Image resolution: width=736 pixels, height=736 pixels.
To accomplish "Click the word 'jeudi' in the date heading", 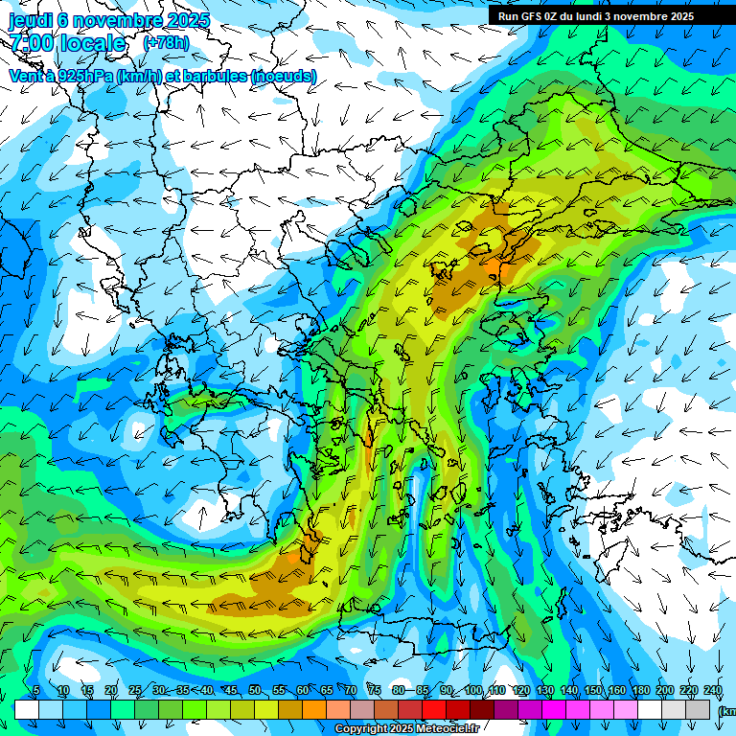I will [x=30, y=20].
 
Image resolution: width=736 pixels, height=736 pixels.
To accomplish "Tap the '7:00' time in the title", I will [x=31, y=43].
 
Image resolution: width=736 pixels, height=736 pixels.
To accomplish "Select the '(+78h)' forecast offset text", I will [x=166, y=43].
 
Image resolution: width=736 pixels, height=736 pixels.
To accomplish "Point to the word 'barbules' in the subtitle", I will [x=212, y=76].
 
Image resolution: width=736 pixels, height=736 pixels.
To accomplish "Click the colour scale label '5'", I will [x=36, y=691].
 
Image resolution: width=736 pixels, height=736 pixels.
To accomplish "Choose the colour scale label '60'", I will [x=302, y=691].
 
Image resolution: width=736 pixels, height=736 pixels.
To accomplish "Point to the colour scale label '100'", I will [x=472, y=691].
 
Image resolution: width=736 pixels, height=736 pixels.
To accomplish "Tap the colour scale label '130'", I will [x=544, y=691].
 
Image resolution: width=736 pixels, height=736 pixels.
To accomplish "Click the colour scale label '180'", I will [x=640, y=691].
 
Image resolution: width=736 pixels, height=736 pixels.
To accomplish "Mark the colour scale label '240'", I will [x=712, y=691].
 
